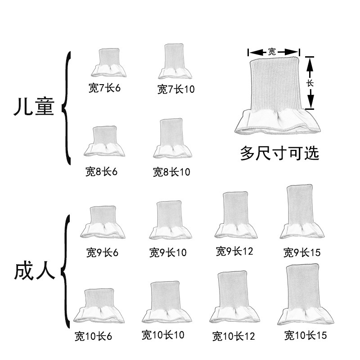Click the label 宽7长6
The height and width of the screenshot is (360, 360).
tap(104, 87)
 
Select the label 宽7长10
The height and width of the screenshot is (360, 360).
tap(175, 89)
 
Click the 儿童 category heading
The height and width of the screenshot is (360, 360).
tap(34, 108)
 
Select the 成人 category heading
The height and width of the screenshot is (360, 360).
tap(34, 271)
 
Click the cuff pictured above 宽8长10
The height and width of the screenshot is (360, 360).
tap(172, 139)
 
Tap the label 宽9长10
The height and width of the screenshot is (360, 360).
tap(167, 252)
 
